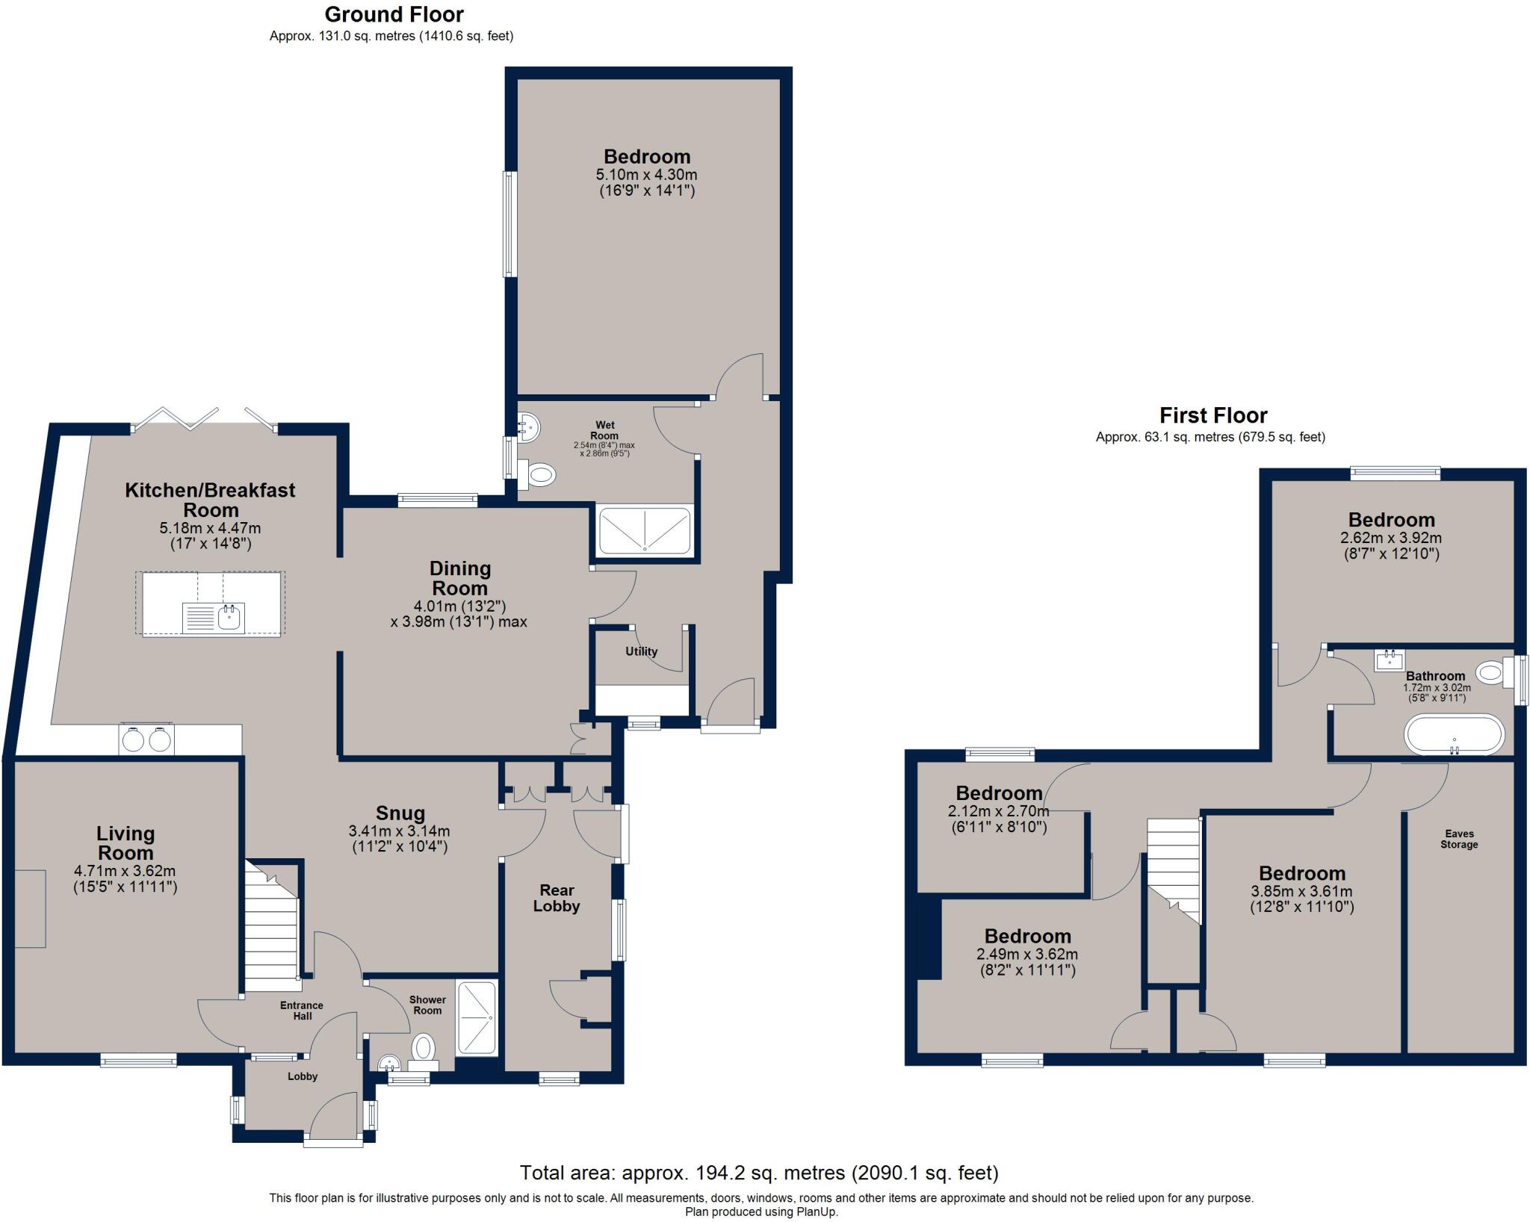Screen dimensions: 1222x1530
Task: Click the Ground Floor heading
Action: pyautogui.click(x=394, y=14)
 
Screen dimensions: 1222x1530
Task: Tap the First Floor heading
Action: pyautogui.click(x=1213, y=415)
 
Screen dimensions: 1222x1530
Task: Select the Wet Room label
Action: pyautogui.click(x=604, y=430)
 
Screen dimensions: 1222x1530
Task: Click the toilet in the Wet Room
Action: pyautogui.click(x=539, y=473)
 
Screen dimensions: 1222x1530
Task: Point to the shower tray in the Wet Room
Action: pyautogui.click(x=645, y=531)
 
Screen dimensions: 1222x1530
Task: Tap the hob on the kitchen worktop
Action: pyautogui.click(x=146, y=739)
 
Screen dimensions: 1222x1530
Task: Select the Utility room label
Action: pyautogui.click(x=641, y=651)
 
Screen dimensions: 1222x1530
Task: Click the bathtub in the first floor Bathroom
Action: pyautogui.click(x=1454, y=734)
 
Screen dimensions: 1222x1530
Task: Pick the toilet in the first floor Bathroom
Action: pyautogui.click(x=1490, y=673)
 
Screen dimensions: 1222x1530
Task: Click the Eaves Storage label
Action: pyautogui.click(x=1459, y=839)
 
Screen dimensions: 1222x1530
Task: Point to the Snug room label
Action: pyautogui.click(x=400, y=813)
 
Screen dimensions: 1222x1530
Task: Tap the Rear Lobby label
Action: pyautogui.click(x=557, y=898)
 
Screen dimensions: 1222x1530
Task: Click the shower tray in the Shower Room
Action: pyautogui.click(x=477, y=1018)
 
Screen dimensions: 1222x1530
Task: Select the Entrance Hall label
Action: pyautogui.click(x=302, y=1011)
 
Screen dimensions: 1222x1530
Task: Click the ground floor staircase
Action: pyautogui.click(x=272, y=934)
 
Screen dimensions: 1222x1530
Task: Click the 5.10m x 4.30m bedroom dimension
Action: pyautogui.click(x=646, y=175)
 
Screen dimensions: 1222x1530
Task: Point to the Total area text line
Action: pyautogui.click(x=759, y=1173)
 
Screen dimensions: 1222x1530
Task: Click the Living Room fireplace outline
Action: pyautogui.click(x=30, y=908)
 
